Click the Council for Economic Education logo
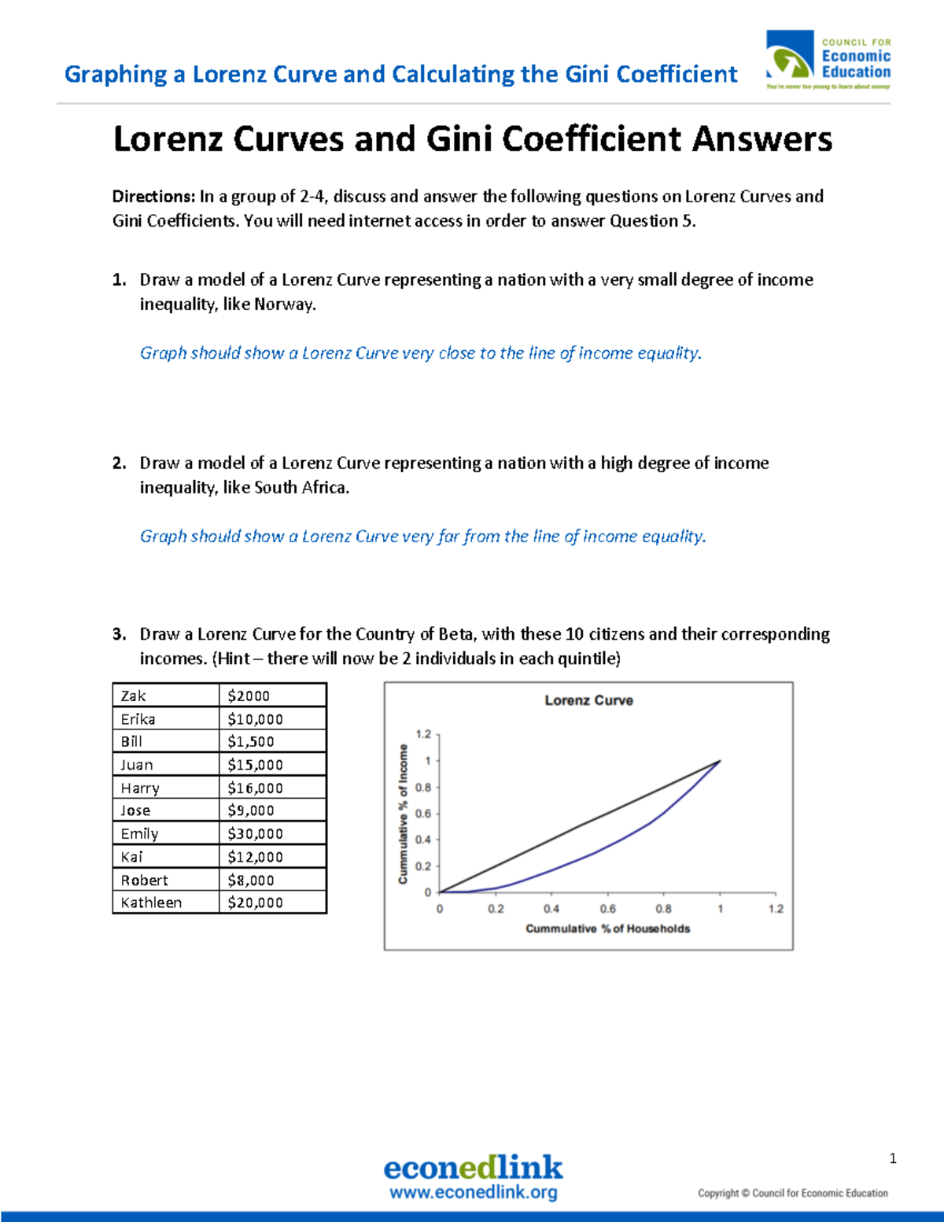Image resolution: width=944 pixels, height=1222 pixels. (828, 60)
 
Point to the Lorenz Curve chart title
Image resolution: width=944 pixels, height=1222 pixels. (588, 700)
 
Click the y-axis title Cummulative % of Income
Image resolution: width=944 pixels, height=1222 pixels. (404, 814)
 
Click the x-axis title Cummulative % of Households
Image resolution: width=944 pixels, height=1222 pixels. (607, 928)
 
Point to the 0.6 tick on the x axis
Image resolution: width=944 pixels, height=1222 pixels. (607, 909)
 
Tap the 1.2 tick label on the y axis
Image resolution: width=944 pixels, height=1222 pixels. (423, 734)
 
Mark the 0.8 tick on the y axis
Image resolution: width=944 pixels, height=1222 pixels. (423, 788)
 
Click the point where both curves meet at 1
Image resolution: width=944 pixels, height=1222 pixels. (720, 761)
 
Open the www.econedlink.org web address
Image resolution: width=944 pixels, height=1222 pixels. (473, 1192)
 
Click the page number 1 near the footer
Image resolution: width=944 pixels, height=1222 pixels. (893, 1158)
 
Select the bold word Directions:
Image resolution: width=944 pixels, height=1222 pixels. (153, 197)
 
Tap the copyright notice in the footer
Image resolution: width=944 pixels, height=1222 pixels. (792, 1193)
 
